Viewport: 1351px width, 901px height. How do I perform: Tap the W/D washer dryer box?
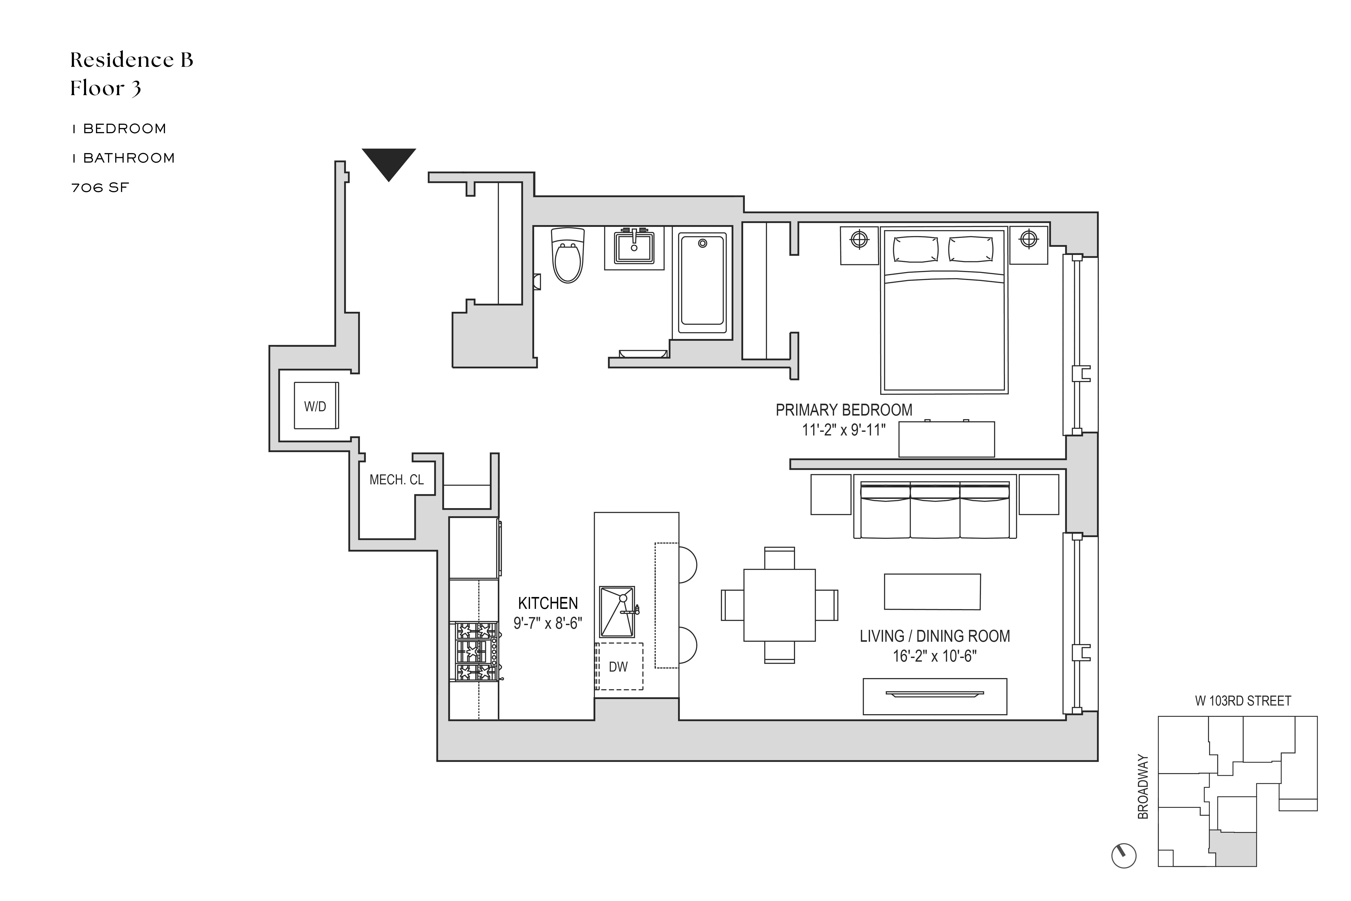coord(315,406)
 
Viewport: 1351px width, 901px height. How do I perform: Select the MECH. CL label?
coord(396,480)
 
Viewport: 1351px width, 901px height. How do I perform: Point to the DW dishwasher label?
coord(618,667)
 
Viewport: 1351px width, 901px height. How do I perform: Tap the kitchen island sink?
coord(617,612)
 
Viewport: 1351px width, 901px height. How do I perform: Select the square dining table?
coord(779,605)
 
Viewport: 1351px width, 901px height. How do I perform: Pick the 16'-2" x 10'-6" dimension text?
coord(934,656)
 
